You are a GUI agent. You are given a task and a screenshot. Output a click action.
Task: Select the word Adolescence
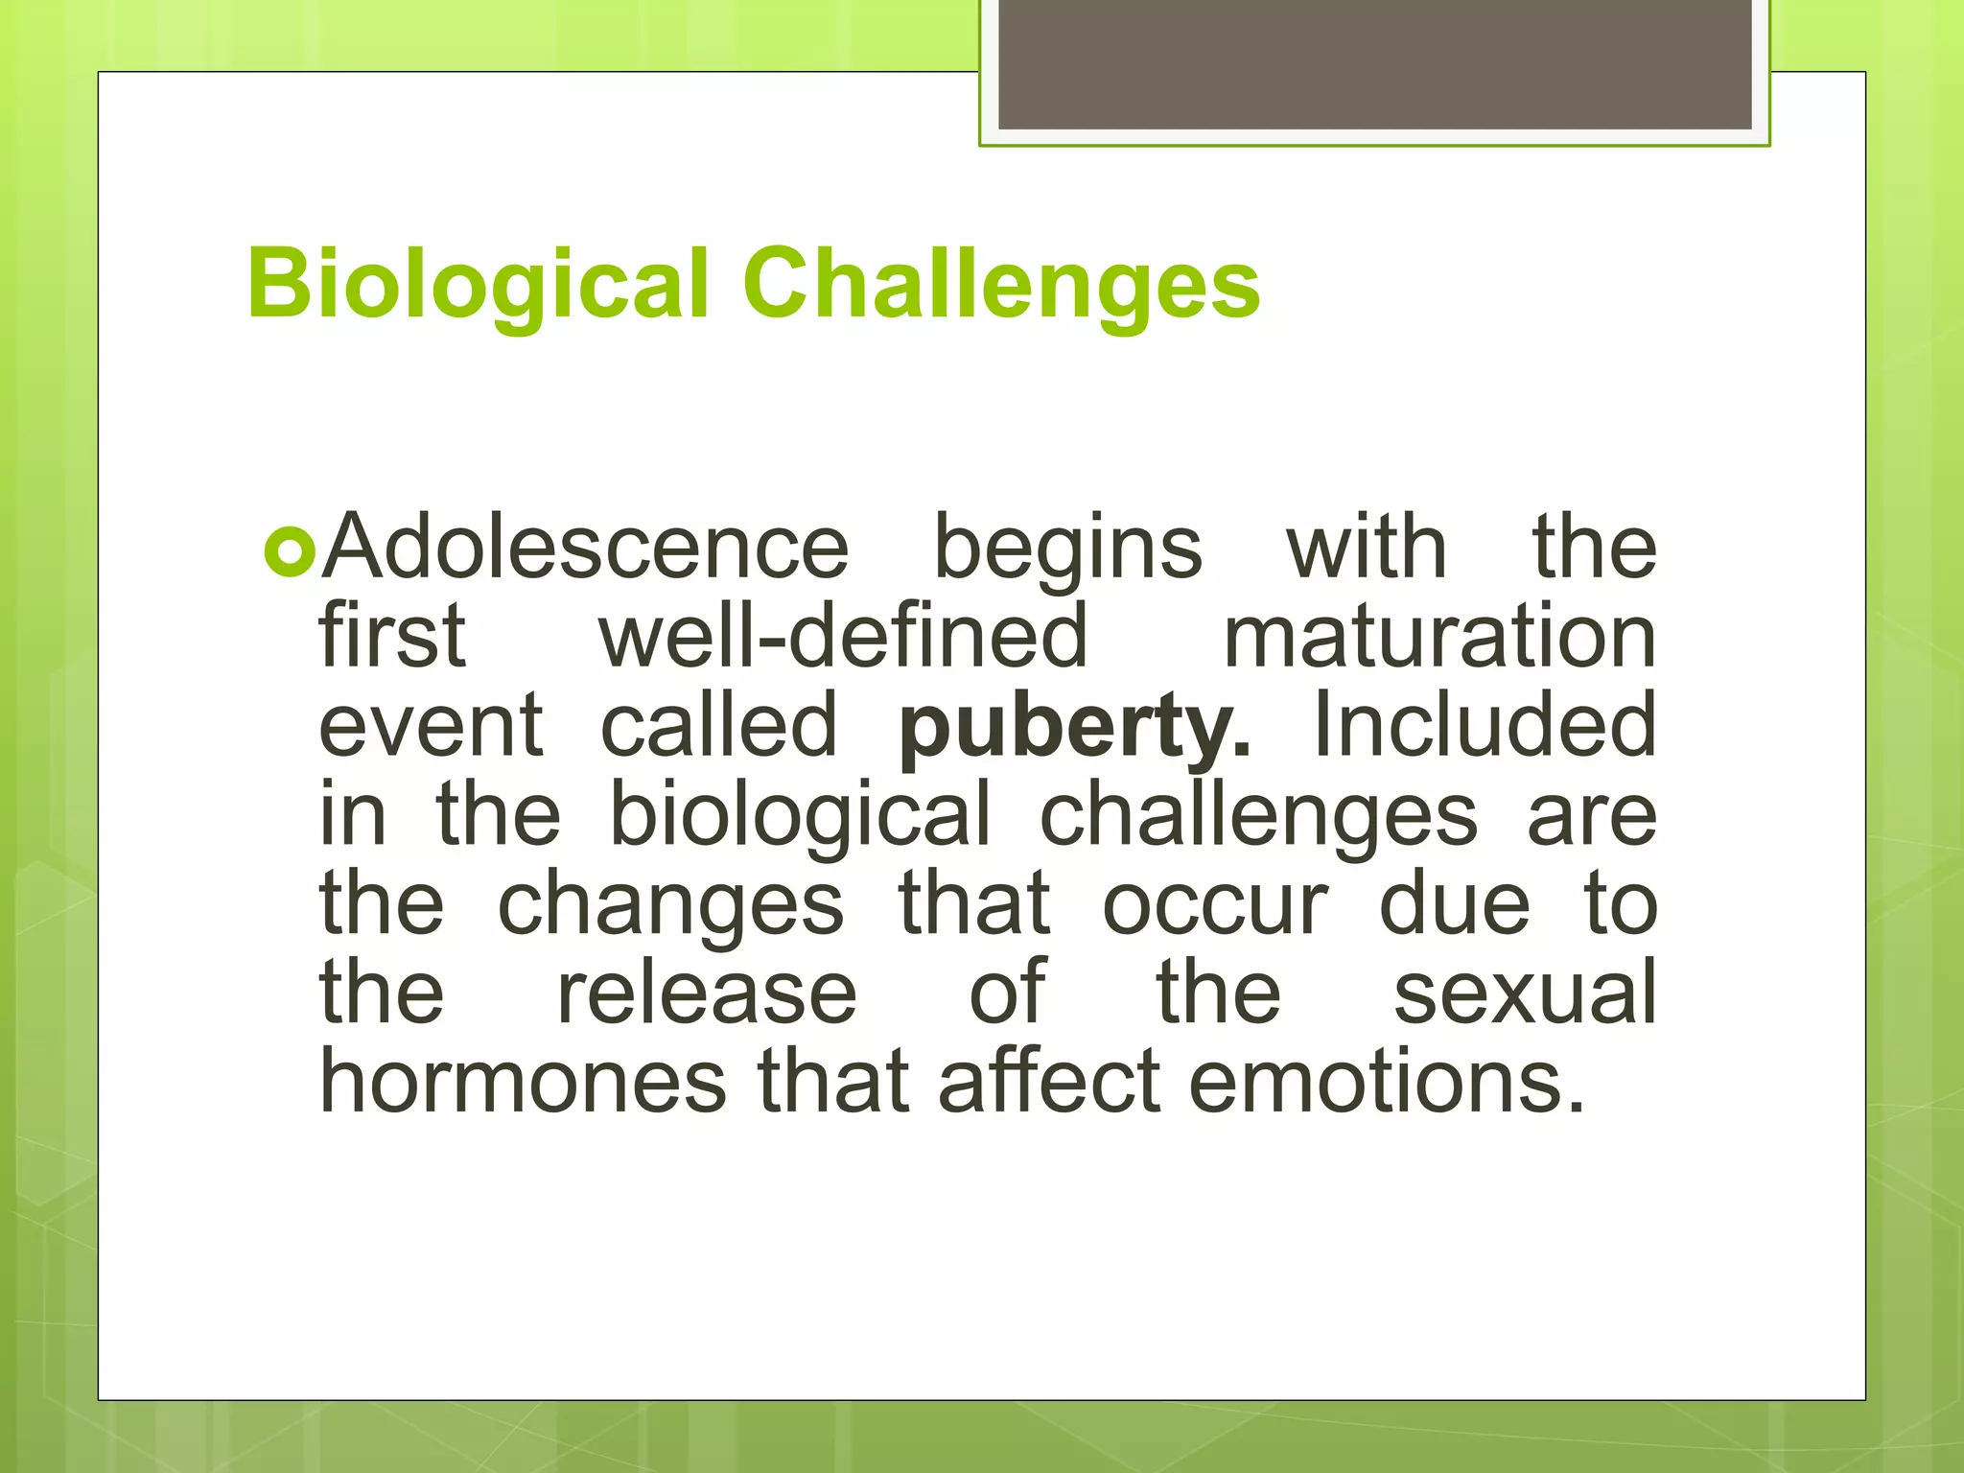coord(585,549)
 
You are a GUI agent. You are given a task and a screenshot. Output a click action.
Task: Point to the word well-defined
coord(844,638)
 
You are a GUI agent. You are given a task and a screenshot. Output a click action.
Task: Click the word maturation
coord(1439,638)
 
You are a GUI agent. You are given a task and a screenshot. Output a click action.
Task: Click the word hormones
coord(523,1082)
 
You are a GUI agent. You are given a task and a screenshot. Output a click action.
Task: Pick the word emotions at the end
coord(1386,1082)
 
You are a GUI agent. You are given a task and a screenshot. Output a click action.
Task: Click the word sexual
coord(1525,994)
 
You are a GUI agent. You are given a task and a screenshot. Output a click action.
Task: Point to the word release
coord(707,994)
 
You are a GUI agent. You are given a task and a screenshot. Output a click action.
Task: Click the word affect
coord(1050,1082)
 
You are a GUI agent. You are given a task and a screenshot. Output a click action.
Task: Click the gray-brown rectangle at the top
coord(1374,63)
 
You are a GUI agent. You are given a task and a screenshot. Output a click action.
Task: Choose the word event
coord(431,726)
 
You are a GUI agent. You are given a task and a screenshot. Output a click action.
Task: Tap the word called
coord(718,726)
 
